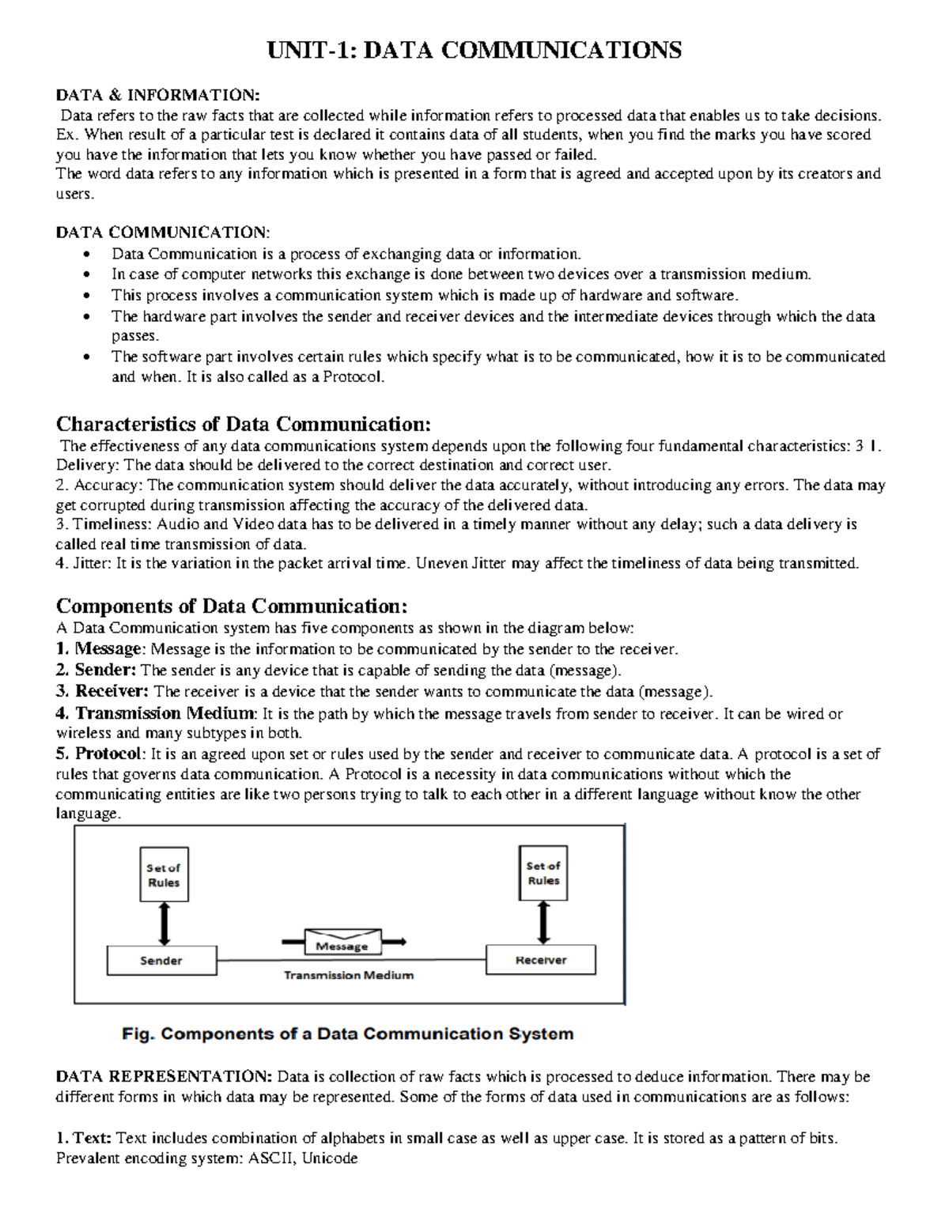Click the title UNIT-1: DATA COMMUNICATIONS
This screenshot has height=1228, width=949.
[x=475, y=51]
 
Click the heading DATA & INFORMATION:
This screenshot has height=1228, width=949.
[x=157, y=96]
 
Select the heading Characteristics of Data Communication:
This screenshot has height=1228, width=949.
[x=244, y=424]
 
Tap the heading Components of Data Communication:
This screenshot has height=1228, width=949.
[x=232, y=606]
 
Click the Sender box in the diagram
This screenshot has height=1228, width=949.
[x=161, y=961]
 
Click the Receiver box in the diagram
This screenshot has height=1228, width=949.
[x=541, y=960]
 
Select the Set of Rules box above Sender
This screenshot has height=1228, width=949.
[x=164, y=875]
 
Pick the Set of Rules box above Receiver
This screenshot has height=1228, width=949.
[x=543, y=873]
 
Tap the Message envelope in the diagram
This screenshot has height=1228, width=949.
[x=342, y=942]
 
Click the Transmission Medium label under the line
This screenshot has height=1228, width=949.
[x=349, y=976]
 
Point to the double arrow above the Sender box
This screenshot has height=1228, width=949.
[x=164, y=923]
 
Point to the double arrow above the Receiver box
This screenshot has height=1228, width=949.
[x=543, y=921]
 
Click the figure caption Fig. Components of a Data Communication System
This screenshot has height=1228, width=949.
[x=347, y=1033]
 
